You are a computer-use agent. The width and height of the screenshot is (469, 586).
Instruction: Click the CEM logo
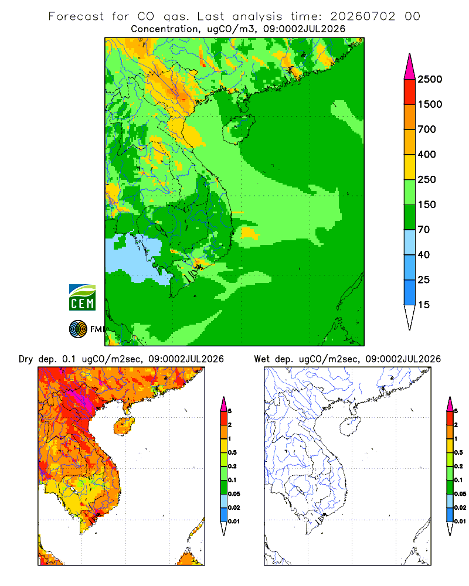point(82,298)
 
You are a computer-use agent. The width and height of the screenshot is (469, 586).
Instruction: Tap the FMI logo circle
point(78,329)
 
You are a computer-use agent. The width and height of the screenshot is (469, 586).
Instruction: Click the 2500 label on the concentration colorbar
point(430,79)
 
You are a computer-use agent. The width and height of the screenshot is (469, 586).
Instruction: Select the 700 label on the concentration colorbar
point(427,130)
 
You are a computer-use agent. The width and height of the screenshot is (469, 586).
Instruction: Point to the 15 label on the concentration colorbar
point(424,305)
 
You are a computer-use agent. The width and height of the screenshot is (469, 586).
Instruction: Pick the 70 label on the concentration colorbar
point(424,230)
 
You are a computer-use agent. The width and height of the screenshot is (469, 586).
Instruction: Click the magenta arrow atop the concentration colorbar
point(410,67)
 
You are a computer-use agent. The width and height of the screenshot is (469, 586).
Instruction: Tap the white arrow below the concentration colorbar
point(410,317)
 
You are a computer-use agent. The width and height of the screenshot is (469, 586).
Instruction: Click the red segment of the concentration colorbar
point(410,92)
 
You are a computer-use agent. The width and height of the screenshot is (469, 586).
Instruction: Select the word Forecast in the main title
point(76,16)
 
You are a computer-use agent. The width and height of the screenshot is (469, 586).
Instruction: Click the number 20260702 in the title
point(362,16)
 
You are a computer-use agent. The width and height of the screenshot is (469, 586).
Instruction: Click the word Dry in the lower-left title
point(26,359)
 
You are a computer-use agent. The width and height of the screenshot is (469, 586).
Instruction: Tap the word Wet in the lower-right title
point(261,359)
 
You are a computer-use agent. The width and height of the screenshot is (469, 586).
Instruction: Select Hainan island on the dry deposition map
point(124,426)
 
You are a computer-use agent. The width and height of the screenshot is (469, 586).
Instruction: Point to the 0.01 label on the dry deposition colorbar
point(234,522)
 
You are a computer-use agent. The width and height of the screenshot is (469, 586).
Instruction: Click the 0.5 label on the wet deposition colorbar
point(458,452)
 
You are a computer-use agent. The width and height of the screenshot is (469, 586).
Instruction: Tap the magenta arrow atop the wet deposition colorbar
point(450,404)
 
